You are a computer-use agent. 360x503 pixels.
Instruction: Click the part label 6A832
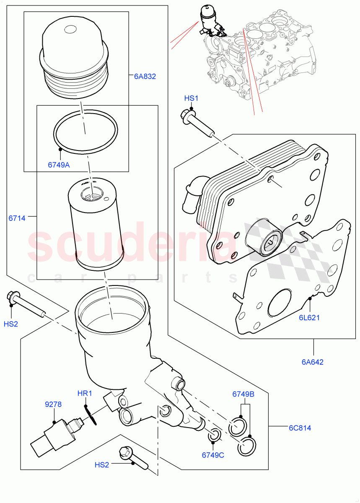[145, 76]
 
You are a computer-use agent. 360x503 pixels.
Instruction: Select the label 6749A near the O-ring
[59, 165]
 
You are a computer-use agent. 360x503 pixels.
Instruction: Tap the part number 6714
[17, 218]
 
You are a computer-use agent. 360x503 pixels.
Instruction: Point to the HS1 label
[191, 98]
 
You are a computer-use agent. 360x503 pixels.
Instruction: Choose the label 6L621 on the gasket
[309, 317]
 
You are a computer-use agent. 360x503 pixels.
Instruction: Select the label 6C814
[299, 428]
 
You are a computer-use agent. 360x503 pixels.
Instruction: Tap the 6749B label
[243, 394]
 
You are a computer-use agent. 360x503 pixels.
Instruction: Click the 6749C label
[213, 455]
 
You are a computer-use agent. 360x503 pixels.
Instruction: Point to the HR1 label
[84, 394]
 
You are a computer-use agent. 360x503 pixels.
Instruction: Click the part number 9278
[53, 404]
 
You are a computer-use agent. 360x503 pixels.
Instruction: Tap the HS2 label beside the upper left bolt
[11, 324]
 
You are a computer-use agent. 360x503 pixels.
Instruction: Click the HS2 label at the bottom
[102, 465]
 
